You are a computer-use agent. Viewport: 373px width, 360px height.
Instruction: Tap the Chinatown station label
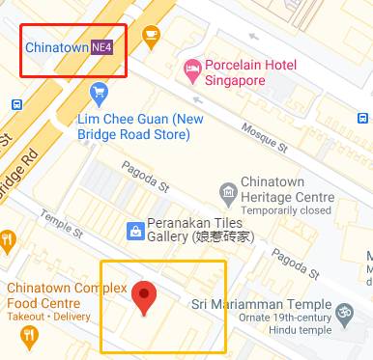click(x=57, y=45)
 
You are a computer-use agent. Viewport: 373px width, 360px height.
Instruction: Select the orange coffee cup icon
click(x=151, y=35)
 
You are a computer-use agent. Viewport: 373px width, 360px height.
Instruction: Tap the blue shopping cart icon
click(x=99, y=93)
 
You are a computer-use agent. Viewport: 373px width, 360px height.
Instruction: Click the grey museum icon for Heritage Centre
click(x=227, y=189)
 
